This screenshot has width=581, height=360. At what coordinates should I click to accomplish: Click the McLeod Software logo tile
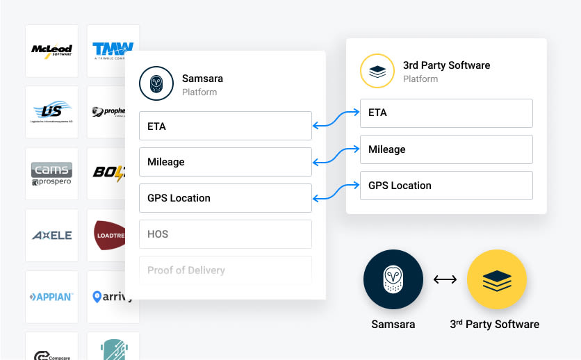click(51, 51)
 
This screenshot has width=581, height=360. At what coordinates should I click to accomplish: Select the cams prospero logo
click(51, 174)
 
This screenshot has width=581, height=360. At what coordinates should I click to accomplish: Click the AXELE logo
click(51, 236)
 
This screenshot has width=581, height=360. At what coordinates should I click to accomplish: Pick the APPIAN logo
click(51, 297)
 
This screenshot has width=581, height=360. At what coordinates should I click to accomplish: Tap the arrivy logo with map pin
click(113, 297)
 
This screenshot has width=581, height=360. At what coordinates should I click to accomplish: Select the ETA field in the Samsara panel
click(225, 126)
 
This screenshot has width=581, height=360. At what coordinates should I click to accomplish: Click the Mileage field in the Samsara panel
click(225, 162)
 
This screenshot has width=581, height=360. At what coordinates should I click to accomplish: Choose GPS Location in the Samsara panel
click(225, 198)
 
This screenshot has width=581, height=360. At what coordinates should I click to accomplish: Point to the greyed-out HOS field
click(225, 234)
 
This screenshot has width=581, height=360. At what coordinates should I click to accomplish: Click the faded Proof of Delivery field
click(225, 270)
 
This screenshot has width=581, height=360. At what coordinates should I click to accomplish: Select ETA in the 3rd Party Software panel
click(445, 113)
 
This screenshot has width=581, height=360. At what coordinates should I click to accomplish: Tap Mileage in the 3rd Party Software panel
click(445, 149)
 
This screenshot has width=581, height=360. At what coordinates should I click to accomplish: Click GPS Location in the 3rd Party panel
click(445, 186)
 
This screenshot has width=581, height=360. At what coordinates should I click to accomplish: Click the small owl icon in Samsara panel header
click(156, 84)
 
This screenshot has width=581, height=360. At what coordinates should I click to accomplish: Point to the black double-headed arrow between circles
click(445, 280)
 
